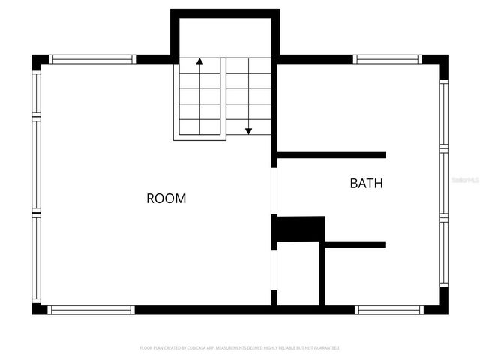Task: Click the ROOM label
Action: tap(166, 199)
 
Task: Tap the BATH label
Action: tap(366, 183)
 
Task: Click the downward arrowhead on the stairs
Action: tap(248, 131)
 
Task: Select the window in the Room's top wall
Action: tap(92, 59)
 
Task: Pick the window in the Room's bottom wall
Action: tap(91, 309)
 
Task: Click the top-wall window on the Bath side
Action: tap(387, 59)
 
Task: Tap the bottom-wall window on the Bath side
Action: tap(389, 309)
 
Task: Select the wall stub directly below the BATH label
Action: tap(355, 244)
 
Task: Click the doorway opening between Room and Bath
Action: tap(274, 191)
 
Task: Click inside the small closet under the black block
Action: tap(298, 274)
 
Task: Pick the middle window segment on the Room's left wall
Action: tap(36, 164)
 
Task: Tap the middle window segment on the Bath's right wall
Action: tap(443, 184)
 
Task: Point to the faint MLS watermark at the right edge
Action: tap(466, 181)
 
